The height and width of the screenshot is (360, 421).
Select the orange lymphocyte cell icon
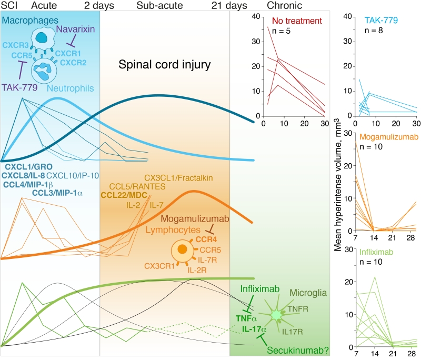point(182,248)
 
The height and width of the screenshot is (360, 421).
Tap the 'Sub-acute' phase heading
point(157,6)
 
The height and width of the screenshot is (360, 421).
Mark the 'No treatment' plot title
point(297,21)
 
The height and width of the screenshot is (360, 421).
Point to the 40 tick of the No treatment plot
point(255,16)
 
